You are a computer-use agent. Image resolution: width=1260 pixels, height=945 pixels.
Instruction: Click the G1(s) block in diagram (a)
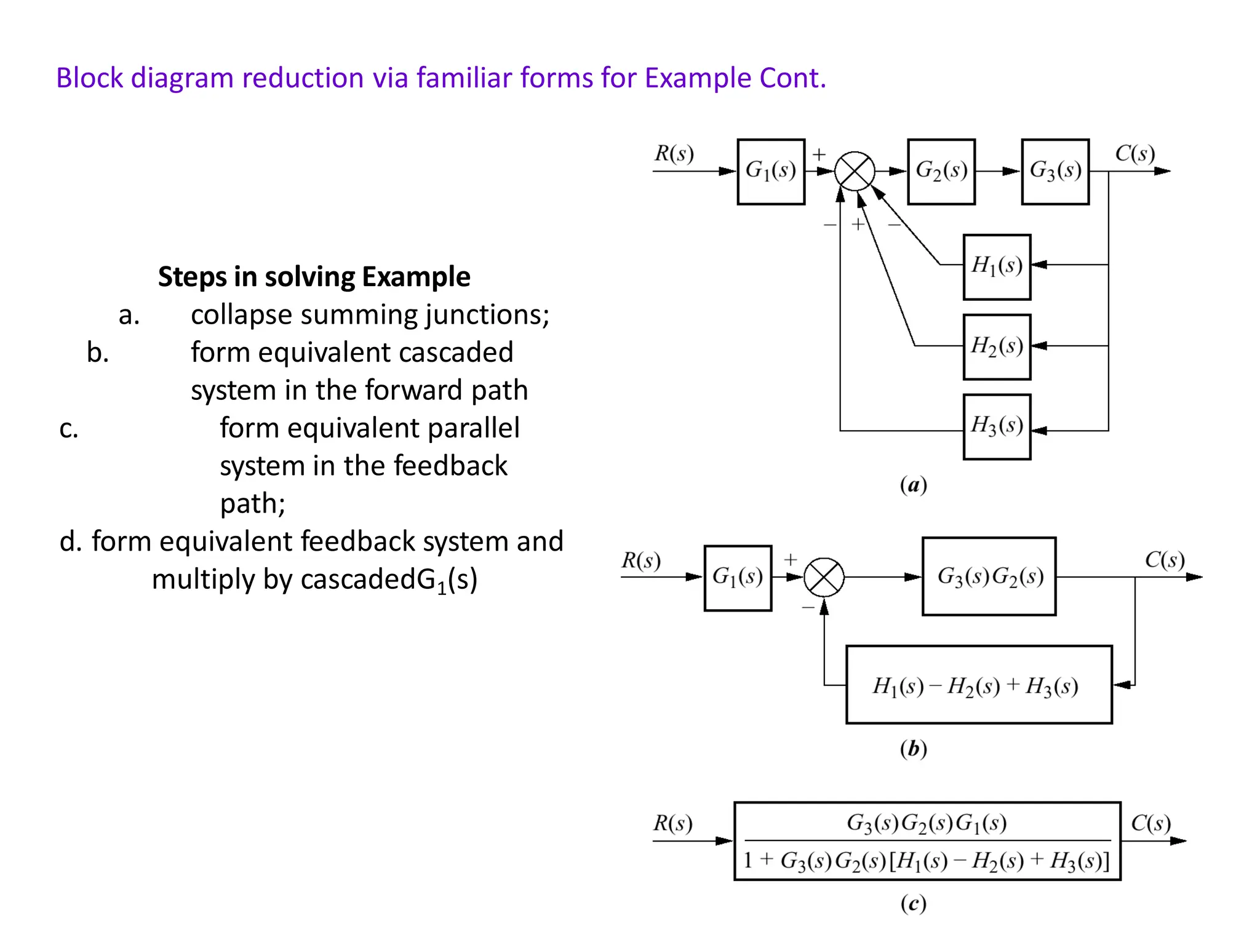pos(770,171)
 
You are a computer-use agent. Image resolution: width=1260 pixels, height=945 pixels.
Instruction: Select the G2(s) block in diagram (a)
pos(941,171)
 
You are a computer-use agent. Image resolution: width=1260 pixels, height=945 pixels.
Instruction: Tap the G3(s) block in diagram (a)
pos(1055,171)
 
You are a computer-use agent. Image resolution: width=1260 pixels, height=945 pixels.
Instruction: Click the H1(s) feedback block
pos(996,266)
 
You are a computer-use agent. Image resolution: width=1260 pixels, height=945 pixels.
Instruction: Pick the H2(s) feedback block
pos(996,346)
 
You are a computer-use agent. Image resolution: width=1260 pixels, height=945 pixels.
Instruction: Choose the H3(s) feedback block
pos(996,426)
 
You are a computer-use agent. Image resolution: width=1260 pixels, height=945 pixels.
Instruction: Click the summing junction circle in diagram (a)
pos(855,172)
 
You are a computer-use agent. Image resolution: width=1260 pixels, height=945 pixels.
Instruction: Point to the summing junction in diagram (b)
pos(824,577)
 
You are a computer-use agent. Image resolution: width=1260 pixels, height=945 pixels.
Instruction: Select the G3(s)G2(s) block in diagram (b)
pos(989,576)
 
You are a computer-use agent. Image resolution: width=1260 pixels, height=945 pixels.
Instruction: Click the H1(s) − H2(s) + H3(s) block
pos(978,685)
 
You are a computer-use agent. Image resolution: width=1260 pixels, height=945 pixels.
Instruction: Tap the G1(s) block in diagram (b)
pos(737,577)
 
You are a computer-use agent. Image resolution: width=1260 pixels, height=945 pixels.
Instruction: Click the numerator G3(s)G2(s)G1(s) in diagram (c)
pos(927,823)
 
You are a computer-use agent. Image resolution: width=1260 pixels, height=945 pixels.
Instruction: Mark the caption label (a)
pos(913,485)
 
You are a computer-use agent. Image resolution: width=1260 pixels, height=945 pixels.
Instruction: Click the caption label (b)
pos(913,749)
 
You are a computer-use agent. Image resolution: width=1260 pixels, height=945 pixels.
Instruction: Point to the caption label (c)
pos(913,903)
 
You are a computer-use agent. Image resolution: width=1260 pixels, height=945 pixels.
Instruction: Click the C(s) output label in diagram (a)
pos(1134,153)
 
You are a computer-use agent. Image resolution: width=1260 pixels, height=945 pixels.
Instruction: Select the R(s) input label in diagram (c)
pos(672,823)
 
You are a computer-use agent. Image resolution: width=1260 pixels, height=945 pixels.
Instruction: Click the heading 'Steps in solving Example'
pos(314,276)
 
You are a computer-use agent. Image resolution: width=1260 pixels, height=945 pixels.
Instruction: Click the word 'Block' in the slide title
pos(90,78)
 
